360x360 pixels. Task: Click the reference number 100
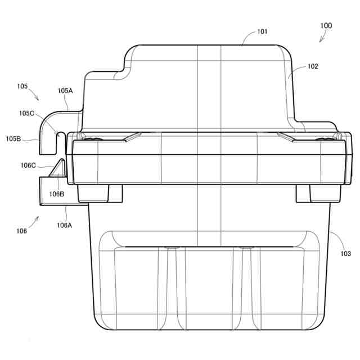tap(326, 25)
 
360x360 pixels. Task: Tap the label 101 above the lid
tap(263, 31)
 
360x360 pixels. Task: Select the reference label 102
tap(313, 66)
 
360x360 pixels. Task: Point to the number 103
tap(346, 254)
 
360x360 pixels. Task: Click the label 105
tap(22, 86)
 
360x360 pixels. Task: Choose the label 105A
tap(65, 91)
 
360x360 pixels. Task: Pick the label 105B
tap(13, 139)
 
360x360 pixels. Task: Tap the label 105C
tap(26, 113)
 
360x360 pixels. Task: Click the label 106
tap(21, 231)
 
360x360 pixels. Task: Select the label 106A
tap(65, 226)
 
